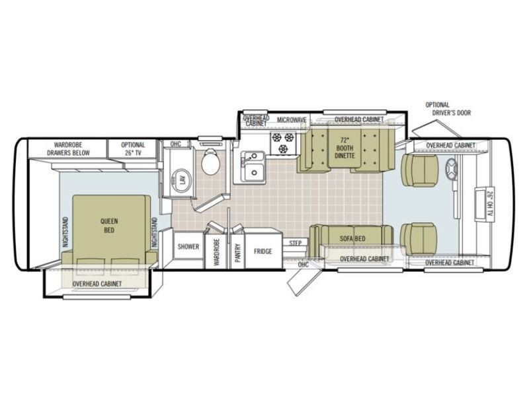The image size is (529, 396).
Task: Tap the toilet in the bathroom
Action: point(210,162)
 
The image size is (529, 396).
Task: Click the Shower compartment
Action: point(188,247)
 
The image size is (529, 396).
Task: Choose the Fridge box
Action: point(263,251)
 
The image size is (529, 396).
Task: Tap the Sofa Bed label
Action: point(352,238)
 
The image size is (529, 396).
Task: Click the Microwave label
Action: point(291,119)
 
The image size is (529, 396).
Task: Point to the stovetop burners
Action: point(282,143)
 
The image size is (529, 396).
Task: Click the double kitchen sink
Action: point(253,166)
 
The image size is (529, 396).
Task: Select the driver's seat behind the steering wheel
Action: point(421,170)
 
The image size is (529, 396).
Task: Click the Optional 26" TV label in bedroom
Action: point(132,148)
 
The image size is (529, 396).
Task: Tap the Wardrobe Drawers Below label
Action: point(67,148)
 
